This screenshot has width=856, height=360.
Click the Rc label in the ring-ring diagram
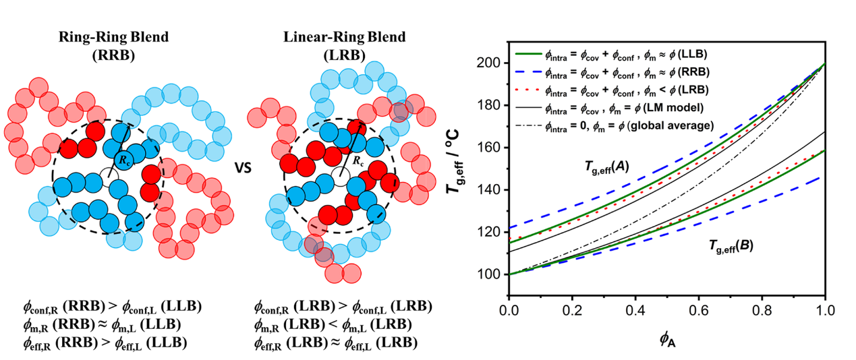(x=124, y=160)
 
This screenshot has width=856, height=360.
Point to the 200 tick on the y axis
(x=493, y=63)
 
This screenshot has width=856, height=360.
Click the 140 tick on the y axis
(x=493, y=189)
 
